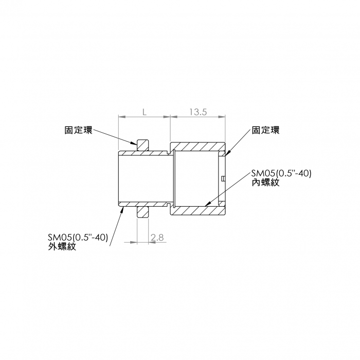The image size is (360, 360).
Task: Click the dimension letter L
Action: [x=145, y=112]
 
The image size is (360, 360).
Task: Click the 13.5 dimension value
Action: [x=197, y=112]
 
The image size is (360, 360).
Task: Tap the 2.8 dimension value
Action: [x=157, y=237]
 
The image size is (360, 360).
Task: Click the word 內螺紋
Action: [x=266, y=183]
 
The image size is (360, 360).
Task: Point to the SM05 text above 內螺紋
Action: [x=281, y=173]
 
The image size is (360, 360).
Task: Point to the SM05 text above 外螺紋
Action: [x=77, y=238]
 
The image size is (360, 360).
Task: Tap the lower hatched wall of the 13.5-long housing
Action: [x=197, y=211]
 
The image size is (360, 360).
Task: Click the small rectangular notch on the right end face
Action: [x=223, y=179]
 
